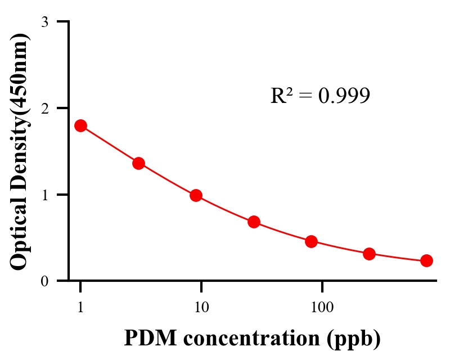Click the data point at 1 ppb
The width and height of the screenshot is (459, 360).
coord(80,125)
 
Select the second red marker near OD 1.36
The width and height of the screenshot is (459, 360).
coord(138,163)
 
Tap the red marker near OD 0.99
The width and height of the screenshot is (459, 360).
coord(196,195)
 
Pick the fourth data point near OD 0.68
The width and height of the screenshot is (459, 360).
coord(254,222)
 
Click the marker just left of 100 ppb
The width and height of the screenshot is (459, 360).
coord(311,242)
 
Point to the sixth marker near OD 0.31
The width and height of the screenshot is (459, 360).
coord(369,254)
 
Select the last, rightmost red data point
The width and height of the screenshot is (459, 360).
coord(426,260)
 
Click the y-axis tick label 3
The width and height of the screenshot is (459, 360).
coord(44,22)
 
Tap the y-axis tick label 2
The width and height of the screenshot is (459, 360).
coord(44,108)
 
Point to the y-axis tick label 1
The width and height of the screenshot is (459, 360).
coord(44,195)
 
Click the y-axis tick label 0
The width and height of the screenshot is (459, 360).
coord(44,281)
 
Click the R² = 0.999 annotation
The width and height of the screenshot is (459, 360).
coord(320,96)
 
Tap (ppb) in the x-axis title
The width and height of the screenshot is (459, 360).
coord(358,339)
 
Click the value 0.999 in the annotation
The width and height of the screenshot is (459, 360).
coord(344,96)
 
